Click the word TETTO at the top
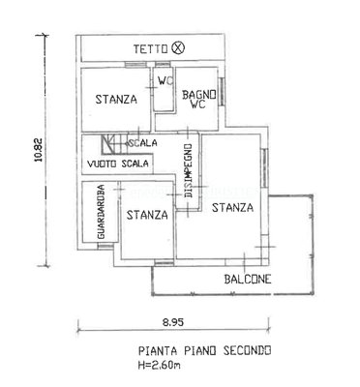pos(151,49)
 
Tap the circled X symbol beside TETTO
pos(178,48)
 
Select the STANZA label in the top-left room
pos(116,99)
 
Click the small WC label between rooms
pos(165,80)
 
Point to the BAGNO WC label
pos(199,100)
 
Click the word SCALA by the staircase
pos(143,143)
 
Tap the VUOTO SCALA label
pos(118,164)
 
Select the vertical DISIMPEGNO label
pos(189,171)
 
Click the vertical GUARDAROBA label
pos(102,212)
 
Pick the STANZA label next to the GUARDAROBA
pos(147,215)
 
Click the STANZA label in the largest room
pos(232,207)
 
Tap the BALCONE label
pos(248,279)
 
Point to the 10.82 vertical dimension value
pos(39,150)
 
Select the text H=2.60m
pos(159,366)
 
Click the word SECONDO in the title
pos(248,350)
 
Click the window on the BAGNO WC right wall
pos(222,92)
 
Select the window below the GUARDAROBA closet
pos(105,247)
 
